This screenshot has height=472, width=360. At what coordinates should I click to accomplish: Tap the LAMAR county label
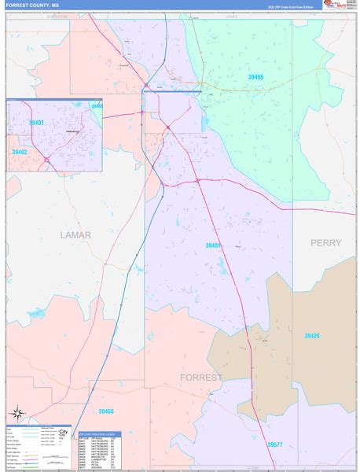[x=75, y=234]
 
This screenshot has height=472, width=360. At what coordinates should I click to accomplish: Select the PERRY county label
[x=325, y=243]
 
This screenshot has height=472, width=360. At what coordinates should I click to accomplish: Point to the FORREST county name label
[x=200, y=377]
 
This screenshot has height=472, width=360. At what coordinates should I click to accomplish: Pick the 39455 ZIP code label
[x=106, y=411]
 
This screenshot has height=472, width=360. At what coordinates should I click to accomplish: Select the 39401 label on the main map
[x=213, y=245]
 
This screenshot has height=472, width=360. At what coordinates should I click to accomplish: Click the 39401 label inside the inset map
[x=36, y=123]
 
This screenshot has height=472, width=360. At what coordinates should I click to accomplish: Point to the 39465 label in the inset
[x=96, y=105]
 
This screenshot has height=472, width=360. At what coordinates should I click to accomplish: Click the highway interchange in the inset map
[x=46, y=158]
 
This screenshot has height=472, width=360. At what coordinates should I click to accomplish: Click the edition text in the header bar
[x=291, y=7]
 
